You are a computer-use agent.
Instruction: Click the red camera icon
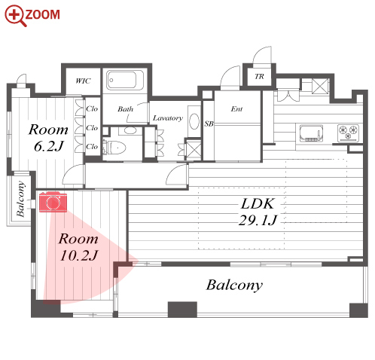[53, 202]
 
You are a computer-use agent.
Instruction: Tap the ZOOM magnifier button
[32, 16]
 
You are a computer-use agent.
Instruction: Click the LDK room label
[258, 204]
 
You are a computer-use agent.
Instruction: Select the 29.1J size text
[258, 221]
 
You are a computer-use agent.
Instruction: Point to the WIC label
[83, 81]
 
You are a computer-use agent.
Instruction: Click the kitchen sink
[311, 133]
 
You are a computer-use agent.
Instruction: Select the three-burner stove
[348, 133]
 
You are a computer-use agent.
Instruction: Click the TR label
[259, 76]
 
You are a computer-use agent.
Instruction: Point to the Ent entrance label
[236, 109]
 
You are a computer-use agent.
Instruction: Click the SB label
[209, 124]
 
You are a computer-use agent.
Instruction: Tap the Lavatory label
[168, 118]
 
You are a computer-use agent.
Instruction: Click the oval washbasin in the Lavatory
[194, 121]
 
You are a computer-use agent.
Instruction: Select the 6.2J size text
[49, 147]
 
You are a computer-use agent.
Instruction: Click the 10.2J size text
[79, 255]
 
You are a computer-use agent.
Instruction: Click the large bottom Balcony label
[234, 285]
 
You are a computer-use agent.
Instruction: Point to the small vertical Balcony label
[21, 199]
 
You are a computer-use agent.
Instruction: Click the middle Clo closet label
[92, 128]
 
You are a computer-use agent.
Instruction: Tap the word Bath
[126, 109]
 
